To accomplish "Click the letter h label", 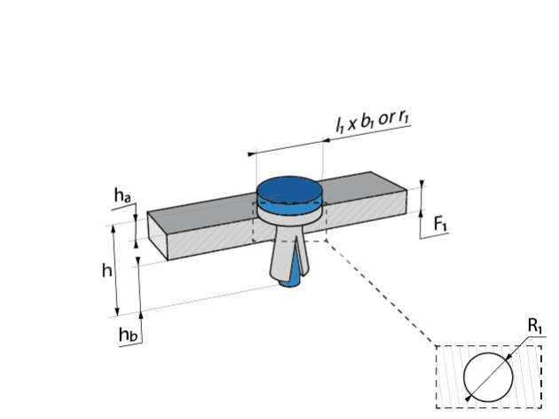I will click(106, 271).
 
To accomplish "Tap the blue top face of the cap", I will click(289, 188).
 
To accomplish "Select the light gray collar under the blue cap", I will click(289, 216).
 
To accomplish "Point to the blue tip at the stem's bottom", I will click(289, 282).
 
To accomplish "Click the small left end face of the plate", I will click(158, 235).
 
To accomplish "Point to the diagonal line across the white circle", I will click(489, 377).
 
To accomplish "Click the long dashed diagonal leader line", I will click(382, 293).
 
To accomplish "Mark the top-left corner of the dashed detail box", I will click(437, 346).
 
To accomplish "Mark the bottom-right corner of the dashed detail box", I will click(541, 407).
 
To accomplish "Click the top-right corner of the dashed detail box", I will click(541, 346).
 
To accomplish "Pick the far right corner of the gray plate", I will click(405, 192).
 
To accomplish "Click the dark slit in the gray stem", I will click(296, 257).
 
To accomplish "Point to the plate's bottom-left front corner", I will click(169, 259).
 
